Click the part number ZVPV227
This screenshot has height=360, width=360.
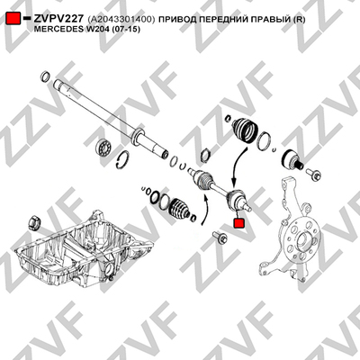click(x=58, y=19)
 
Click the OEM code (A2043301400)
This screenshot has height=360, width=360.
click(x=121, y=20)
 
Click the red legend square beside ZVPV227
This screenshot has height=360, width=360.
click(x=13, y=19)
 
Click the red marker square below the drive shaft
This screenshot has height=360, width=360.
click(x=238, y=223)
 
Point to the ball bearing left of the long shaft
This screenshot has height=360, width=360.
click(x=104, y=148)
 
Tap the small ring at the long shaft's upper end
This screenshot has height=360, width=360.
click(x=45, y=76)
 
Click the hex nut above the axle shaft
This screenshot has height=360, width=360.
click(x=205, y=155)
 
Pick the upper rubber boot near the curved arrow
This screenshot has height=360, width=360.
click(x=245, y=129)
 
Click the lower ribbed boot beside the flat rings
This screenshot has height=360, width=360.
click(x=179, y=208)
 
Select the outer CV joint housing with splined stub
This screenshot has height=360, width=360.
click(x=292, y=160)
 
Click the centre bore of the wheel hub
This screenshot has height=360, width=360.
click(x=302, y=240)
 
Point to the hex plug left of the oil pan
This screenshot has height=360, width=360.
click(x=34, y=222)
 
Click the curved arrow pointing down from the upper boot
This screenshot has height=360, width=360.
click(x=238, y=164)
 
